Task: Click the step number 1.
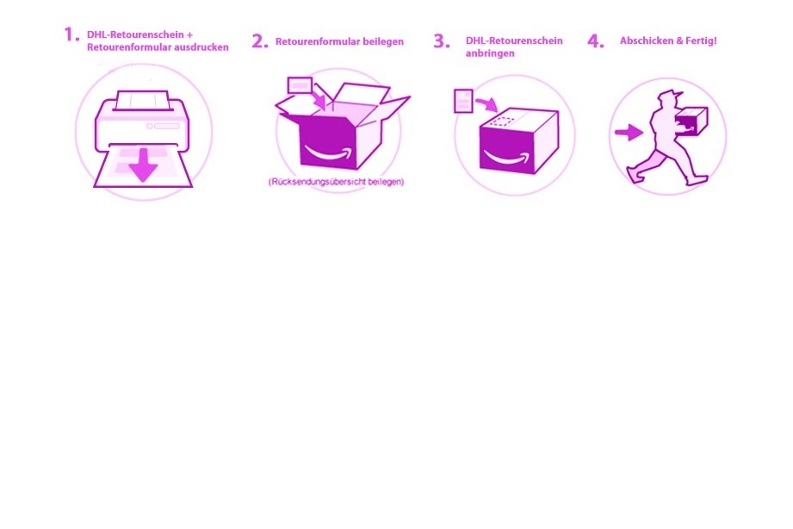(x=71, y=34)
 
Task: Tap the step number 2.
(x=259, y=41)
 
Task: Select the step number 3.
(x=442, y=41)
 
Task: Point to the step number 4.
(x=595, y=41)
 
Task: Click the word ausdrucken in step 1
(x=201, y=47)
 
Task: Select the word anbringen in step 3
(x=490, y=53)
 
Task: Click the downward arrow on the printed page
(x=144, y=164)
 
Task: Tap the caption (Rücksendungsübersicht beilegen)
(x=337, y=181)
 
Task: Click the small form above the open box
(x=300, y=85)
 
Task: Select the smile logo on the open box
(x=326, y=152)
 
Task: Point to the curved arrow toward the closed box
(x=487, y=103)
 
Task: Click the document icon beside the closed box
(x=463, y=101)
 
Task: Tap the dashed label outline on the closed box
(x=502, y=121)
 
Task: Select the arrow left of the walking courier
(x=629, y=133)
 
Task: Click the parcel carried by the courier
(x=691, y=121)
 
